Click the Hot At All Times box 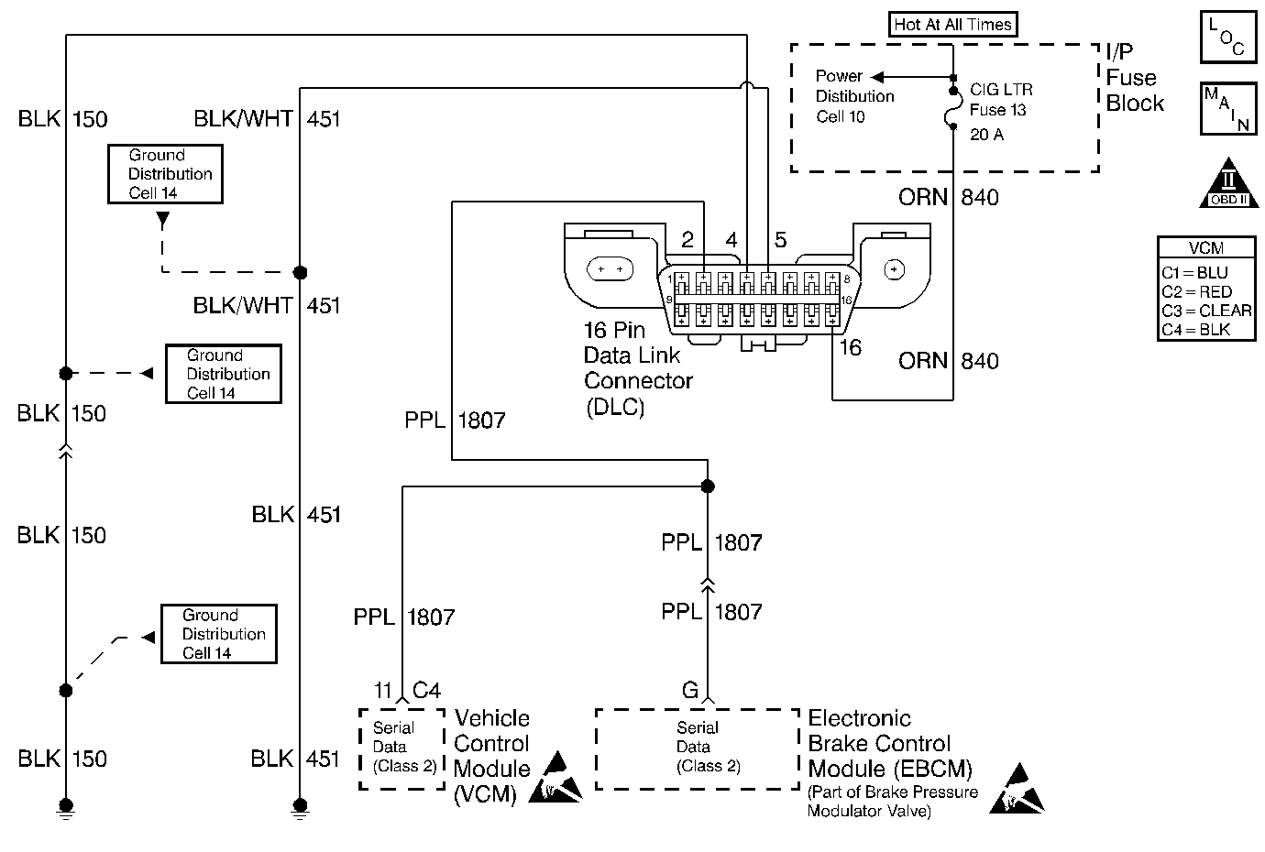pos(953,25)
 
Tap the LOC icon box pos(1226,38)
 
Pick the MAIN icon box pos(1226,108)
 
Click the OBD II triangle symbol pos(1227,185)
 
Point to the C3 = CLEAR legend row pos(1205,311)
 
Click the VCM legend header pos(1205,248)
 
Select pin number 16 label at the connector pos(851,348)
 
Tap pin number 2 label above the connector pos(687,240)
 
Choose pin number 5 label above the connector pos(780,240)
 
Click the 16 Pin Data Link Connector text pos(638,368)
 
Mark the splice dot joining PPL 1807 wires pos(707,486)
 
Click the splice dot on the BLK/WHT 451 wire pos(299,272)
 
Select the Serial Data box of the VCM pos(401,748)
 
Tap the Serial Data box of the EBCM pos(697,748)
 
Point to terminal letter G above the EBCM pos(690,689)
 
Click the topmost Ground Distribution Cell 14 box pos(164,174)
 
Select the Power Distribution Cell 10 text pos(854,96)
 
